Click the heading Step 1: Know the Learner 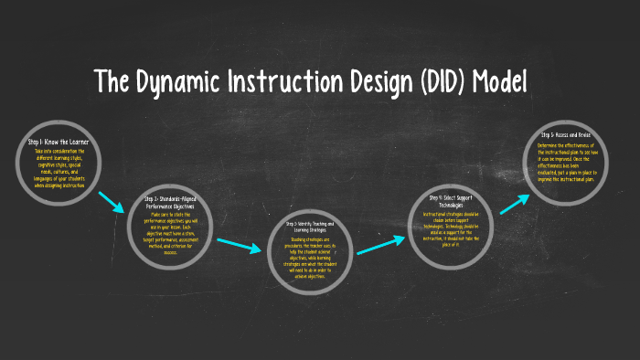pos(59,143)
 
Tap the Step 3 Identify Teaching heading pos(310,226)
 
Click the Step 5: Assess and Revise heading pos(566,135)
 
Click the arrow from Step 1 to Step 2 pos(112,202)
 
